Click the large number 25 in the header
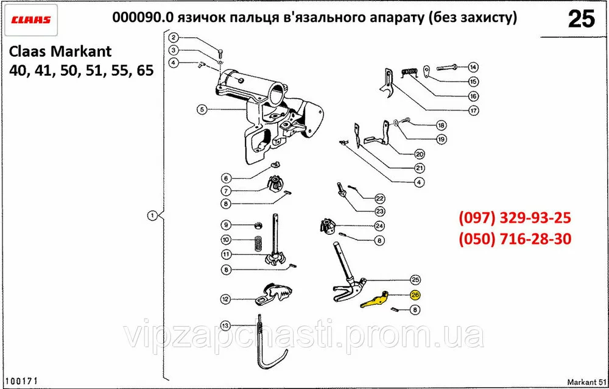tap(580, 20)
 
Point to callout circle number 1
tap(152, 215)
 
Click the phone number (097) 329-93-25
tap(514, 218)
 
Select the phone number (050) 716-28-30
tap(514, 239)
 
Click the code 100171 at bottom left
tap(23, 380)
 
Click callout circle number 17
tap(473, 111)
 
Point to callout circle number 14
tap(473, 67)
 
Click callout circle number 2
tap(174, 37)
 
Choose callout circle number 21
tap(420, 168)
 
